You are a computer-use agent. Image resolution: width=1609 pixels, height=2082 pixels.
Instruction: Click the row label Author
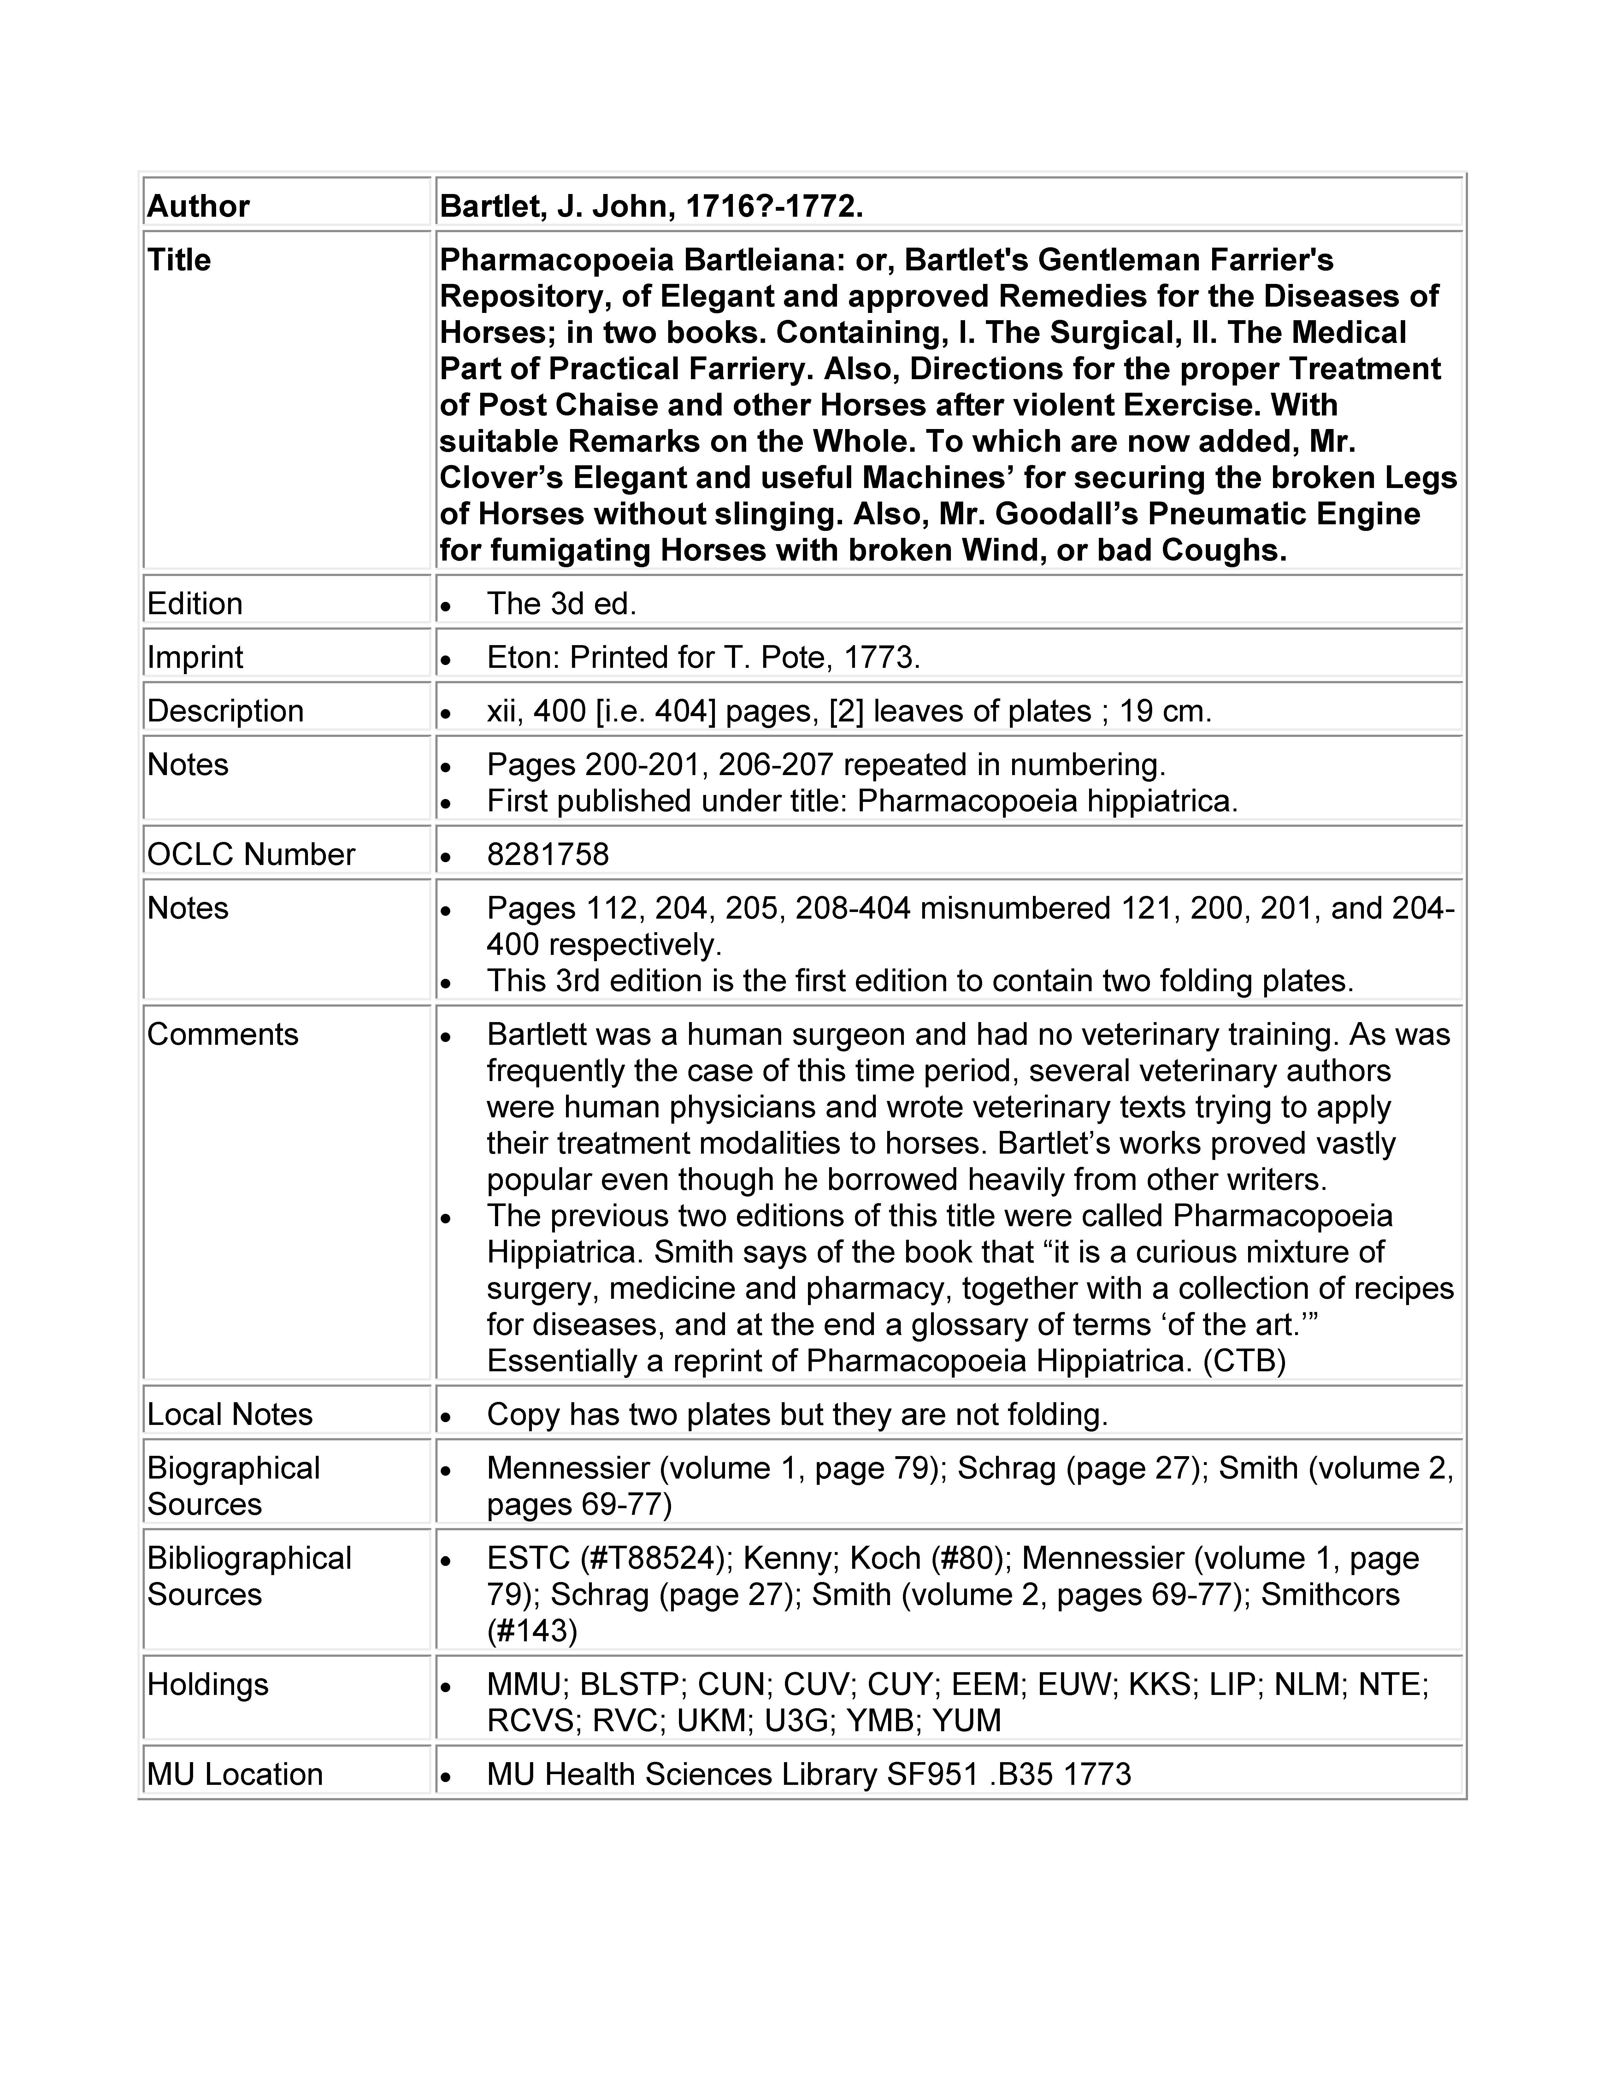point(198,206)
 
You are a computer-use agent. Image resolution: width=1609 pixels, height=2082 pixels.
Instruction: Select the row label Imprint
point(195,657)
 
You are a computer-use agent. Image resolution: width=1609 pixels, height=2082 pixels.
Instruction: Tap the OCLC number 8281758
point(547,854)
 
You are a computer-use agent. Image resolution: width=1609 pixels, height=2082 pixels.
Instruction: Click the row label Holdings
point(208,1685)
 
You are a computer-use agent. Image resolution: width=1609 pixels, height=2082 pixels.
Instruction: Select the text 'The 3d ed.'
point(562,603)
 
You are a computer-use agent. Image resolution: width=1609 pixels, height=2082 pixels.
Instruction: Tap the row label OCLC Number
point(251,854)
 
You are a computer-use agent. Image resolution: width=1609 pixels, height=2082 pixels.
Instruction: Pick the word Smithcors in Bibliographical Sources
point(1330,1595)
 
